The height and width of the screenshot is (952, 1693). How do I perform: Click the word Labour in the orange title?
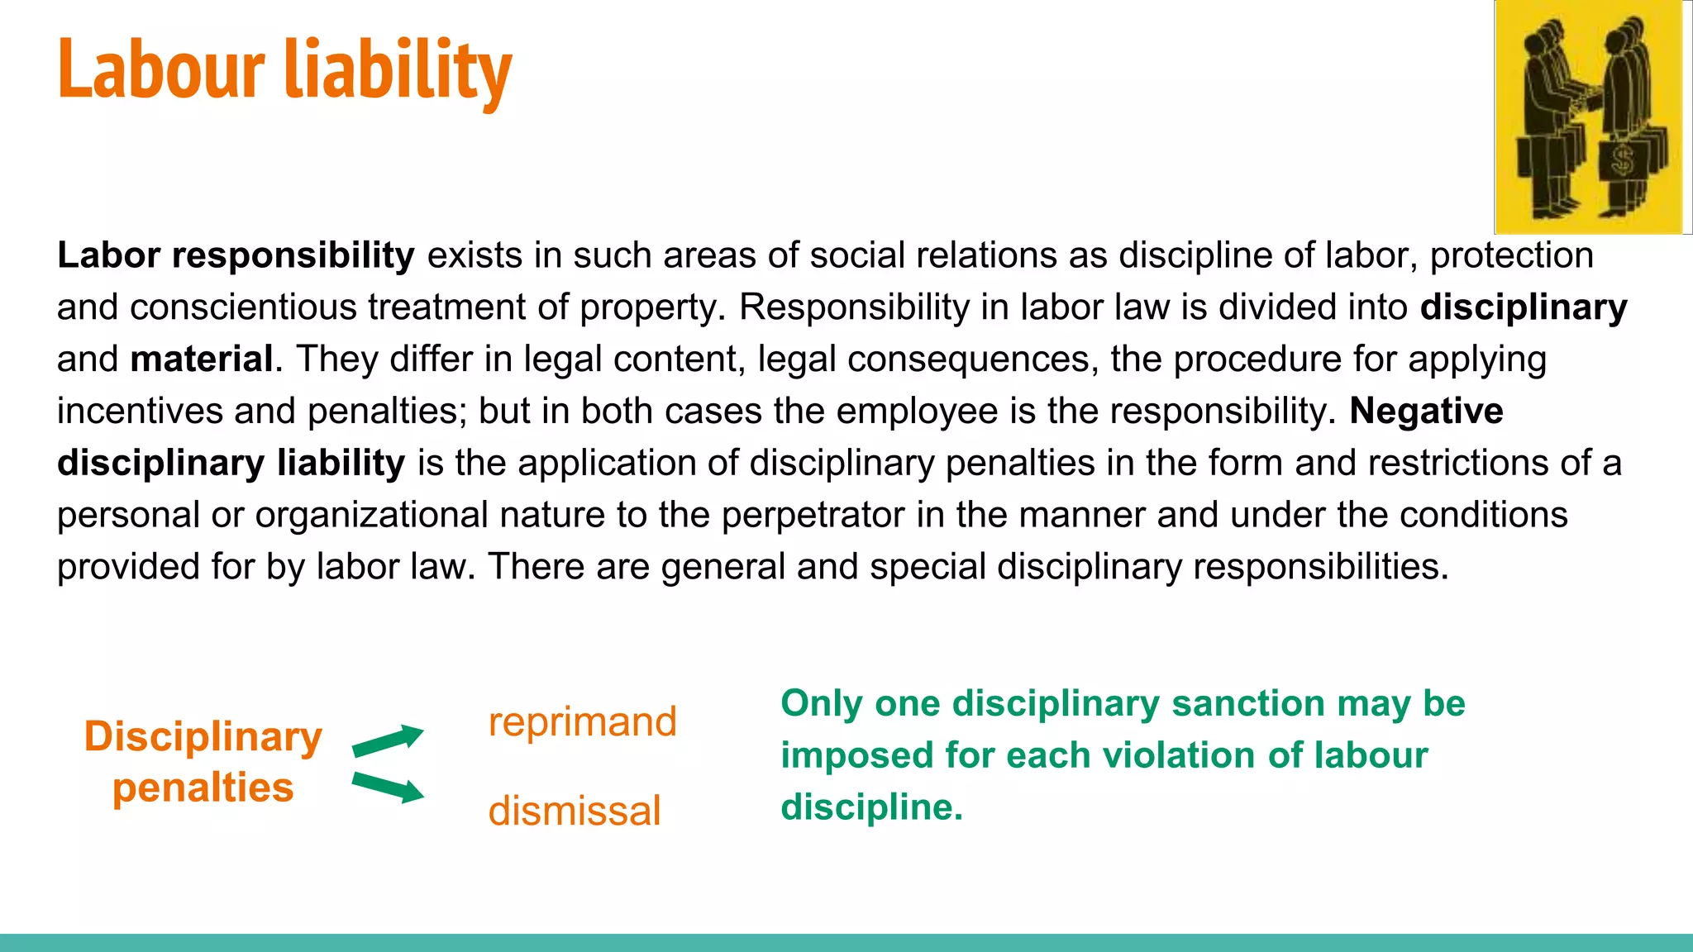pyautogui.click(x=161, y=69)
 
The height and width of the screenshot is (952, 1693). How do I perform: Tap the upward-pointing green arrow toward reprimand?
pyautogui.click(x=388, y=740)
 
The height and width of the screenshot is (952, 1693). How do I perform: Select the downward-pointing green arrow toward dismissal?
pyautogui.click(x=388, y=787)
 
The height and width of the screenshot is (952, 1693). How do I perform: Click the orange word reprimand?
pyautogui.click(x=582, y=722)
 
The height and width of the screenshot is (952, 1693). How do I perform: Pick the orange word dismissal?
pyautogui.click(x=574, y=811)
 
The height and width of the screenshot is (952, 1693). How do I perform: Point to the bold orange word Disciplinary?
pyautogui.click(x=203, y=737)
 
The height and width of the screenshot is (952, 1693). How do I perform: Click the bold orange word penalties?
pyautogui.click(x=203, y=788)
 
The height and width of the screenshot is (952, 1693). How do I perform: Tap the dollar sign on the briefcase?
pyautogui.click(x=1623, y=160)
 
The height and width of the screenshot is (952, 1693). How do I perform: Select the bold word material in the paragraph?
pyautogui.click(x=202, y=359)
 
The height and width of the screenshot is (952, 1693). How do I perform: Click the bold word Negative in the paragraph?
pyautogui.click(x=1426, y=411)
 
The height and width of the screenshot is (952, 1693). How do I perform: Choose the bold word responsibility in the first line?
pyautogui.click(x=293, y=256)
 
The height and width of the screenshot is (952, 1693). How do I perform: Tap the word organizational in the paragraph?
pyautogui.click(x=371, y=515)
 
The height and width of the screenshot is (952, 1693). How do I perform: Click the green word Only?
pyautogui.click(x=822, y=704)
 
